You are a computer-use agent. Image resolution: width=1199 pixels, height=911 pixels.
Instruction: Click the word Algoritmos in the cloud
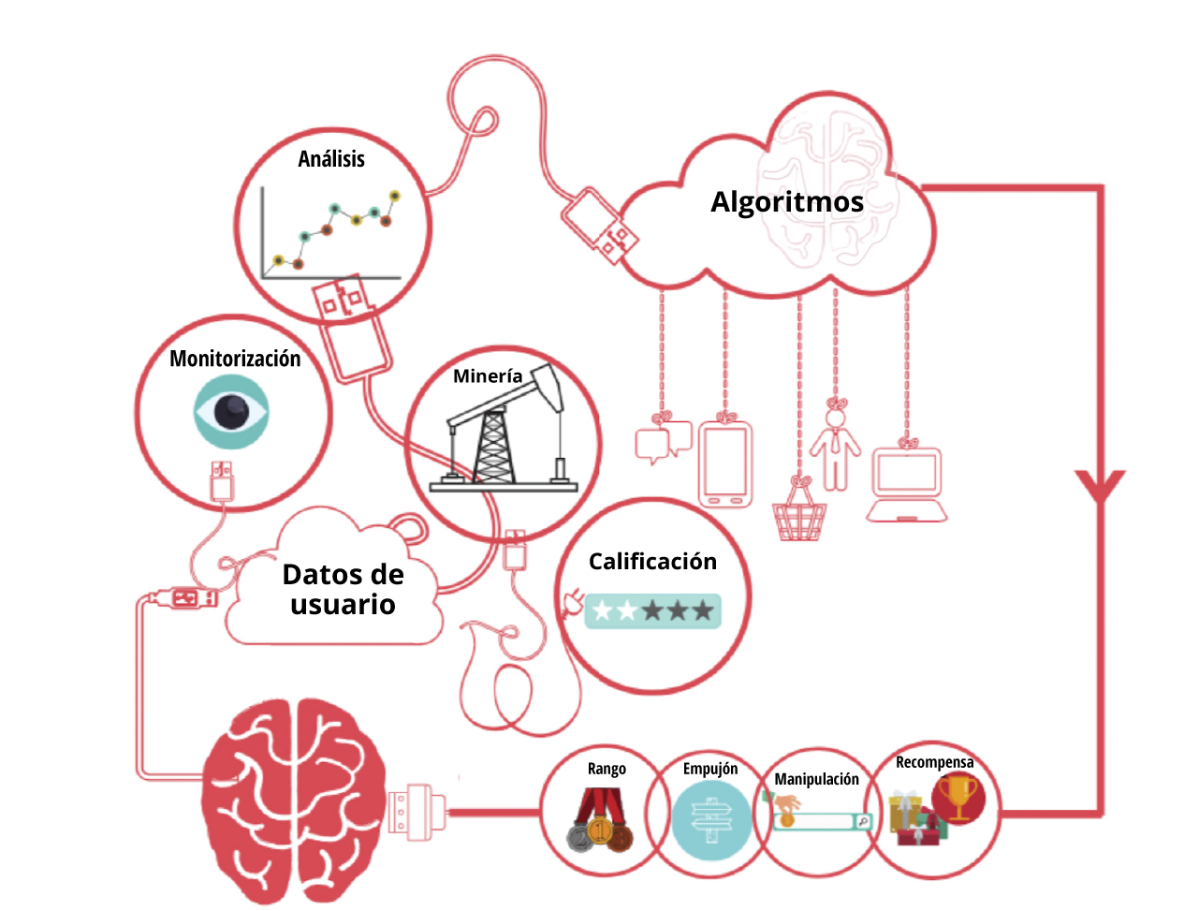tap(786, 202)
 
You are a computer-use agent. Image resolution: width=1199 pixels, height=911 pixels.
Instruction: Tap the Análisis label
tap(331, 159)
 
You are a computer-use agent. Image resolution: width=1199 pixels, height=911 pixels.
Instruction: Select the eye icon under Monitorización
tap(231, 411)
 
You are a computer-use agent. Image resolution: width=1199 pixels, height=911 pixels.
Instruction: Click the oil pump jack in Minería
tap(504, 429)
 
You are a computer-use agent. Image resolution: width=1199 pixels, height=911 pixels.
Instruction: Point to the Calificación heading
tap(652, 562)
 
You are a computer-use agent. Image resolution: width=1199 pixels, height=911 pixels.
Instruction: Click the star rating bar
tap(652, 610)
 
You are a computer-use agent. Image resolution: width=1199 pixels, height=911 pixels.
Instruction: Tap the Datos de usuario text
tap(344, 589)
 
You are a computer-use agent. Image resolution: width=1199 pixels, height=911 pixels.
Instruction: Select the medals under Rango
tap(601, 819)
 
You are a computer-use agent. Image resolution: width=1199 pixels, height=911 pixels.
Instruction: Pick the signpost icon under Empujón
tap(710, 820)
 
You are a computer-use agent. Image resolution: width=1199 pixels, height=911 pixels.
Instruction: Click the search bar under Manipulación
tap(823, 821)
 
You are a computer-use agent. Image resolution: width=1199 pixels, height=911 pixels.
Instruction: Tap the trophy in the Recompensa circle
tap(958, 797)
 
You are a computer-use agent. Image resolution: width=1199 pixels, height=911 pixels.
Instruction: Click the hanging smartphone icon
tap(725, 464)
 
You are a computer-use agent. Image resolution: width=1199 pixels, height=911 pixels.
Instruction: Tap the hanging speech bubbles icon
tap(663, 442)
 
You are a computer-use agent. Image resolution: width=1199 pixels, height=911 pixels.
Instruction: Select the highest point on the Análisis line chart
tap(394, 196)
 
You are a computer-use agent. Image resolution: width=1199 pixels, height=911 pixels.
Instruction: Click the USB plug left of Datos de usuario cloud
tap(183, 598)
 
